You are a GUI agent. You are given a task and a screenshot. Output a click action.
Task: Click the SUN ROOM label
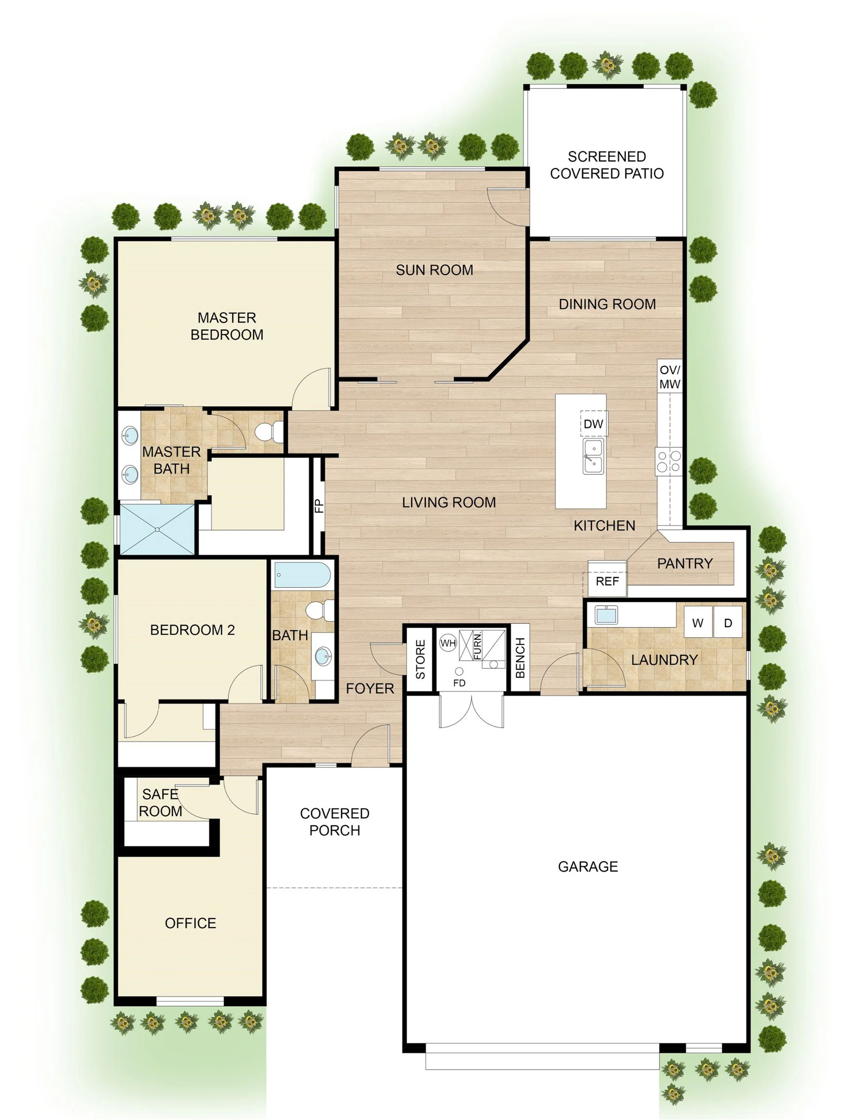coord(434,270)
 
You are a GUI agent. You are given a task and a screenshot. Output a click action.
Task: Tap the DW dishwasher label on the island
coord(593,424)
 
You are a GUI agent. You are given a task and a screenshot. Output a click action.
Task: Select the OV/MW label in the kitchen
coord(670,377)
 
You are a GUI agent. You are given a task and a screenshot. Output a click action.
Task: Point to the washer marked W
coord(698,623)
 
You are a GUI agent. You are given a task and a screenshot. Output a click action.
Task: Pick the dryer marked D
coord(728,623)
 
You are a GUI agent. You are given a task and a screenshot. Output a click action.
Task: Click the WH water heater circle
coord(448,643)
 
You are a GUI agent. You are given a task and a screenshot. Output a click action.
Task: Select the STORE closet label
coord(420,660)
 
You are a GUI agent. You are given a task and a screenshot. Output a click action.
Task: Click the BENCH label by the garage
coord(520,658)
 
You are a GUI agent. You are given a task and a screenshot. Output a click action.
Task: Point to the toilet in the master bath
coord(269,431)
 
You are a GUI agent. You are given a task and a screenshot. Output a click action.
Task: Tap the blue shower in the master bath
coord(157,529)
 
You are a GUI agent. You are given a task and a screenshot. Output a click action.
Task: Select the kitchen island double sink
coord(593,456)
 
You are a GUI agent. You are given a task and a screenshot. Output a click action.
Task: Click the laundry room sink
coord(606,615)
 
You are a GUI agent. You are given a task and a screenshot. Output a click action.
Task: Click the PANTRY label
coord(685,563)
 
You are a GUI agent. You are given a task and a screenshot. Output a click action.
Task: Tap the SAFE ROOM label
coord(160,803)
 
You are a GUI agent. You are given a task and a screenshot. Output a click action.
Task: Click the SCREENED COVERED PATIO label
coord(606,165)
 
